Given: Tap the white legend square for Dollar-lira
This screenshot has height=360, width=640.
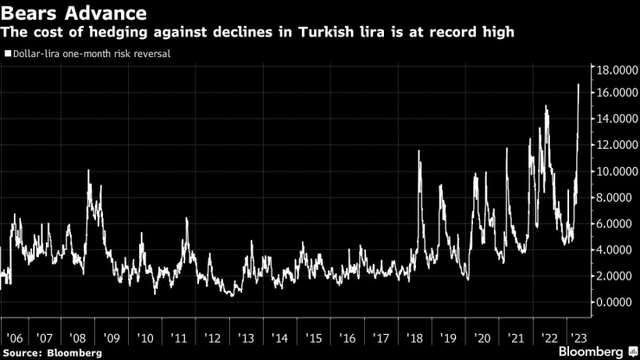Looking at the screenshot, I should (8, 54).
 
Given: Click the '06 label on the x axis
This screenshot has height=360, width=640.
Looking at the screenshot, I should (14, 338).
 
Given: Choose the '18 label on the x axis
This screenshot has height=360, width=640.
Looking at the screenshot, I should (415, 338).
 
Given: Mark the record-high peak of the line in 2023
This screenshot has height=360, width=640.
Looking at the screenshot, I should (578, 84).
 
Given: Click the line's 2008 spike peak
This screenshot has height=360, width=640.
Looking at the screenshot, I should (88, 170).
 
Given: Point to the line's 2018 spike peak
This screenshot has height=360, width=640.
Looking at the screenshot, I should (419, 151).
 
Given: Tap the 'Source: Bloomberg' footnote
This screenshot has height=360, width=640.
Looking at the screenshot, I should (52, 352).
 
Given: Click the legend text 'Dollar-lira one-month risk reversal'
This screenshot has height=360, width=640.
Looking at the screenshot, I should (91, 54).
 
